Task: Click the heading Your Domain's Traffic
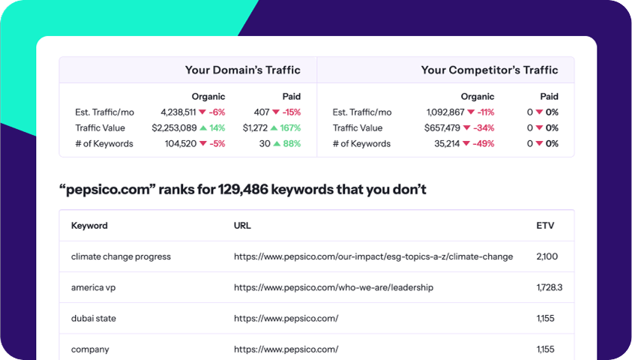click(x=242, y=70)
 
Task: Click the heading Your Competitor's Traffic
click(x=489, y=70)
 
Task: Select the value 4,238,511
click(x=174, y=112)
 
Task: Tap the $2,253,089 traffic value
click(x=174, y=128)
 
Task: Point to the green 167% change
click(x=289, y=128)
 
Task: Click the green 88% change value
click(x=291, y=144)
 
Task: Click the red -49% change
click(x=484, y=144)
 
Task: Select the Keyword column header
click(x=89, y=226)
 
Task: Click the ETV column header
click(x=545, y=226)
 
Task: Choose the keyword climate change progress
click(x=121, y=256)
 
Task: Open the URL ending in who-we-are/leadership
click(x=333, y=287)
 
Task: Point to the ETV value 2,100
click(x=547, y=256)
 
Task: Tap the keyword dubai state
click(x=94, y=318)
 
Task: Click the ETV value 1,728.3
click(x=550, y=287)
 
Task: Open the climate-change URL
click(x=373, y=256)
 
